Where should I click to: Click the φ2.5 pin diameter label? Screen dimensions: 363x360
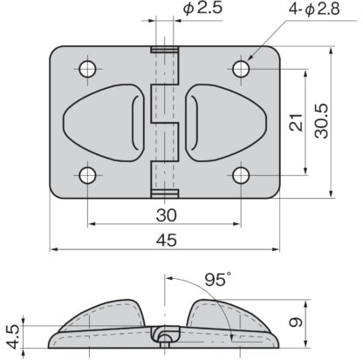(x=202, y=8)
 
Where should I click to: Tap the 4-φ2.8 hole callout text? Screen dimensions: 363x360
(x=314, y=9)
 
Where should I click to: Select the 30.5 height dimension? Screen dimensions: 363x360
(x=322, y=121)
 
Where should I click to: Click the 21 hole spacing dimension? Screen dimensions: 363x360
(x=297, y=122)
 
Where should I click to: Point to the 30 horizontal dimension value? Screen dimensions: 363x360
(x=166, y=215)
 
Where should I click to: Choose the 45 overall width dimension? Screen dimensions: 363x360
(x=167, y=241)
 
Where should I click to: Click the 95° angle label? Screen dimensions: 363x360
(x=217, y=279)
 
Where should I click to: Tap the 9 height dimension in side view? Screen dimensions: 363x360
(x=296, y=323)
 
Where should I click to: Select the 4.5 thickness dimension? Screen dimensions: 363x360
(x=13, y=336)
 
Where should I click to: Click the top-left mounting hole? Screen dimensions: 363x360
(x=88, y=69)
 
